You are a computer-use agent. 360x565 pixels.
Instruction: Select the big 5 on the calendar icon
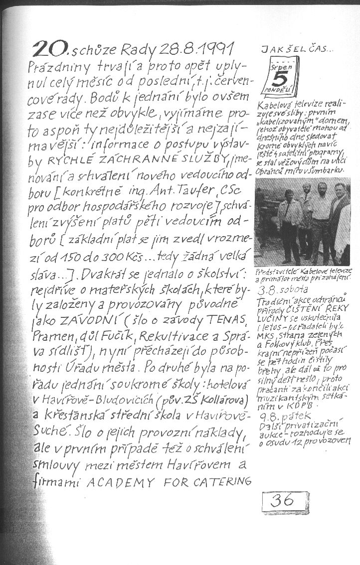tap(282, 80)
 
